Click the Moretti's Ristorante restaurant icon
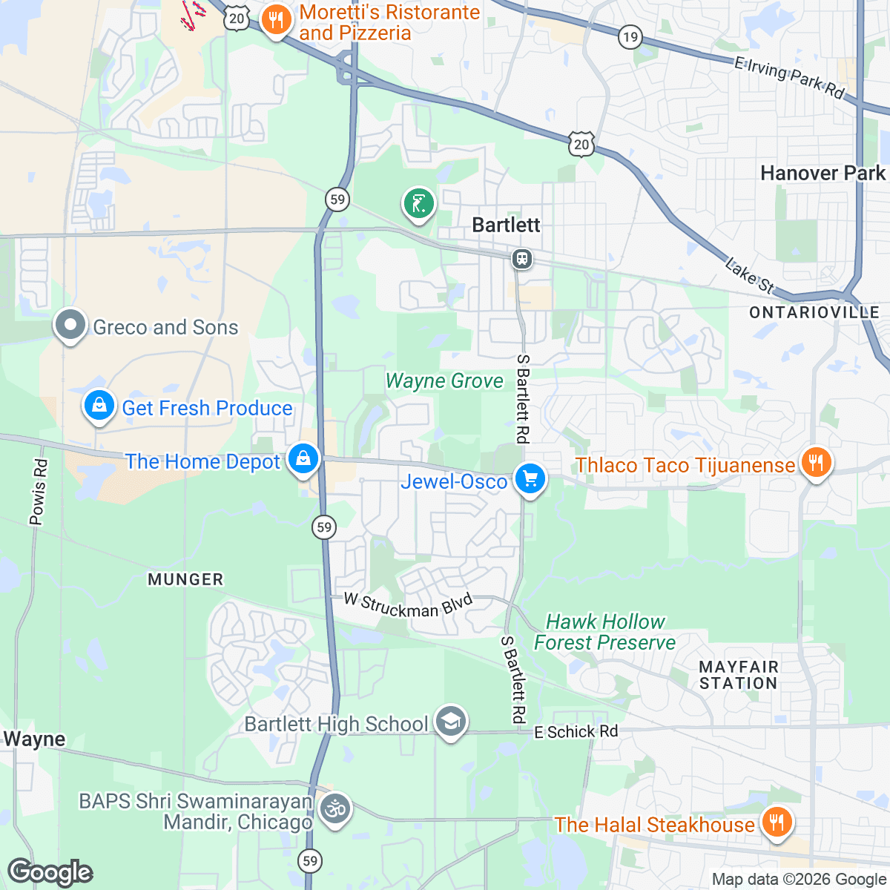point(276,20)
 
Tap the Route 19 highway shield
point(630,36)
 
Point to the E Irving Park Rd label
point(789,77)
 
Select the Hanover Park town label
point(823,174)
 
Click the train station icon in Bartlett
point(522,259)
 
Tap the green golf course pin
point(418,202)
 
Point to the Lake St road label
point(749,274)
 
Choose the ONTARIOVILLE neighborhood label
point(814,312)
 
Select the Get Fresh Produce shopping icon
point(99,406)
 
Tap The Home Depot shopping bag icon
point(303,459)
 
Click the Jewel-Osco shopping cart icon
point(530,479)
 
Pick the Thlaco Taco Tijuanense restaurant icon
point(815,464)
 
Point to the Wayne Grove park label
point(444,381)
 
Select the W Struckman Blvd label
point(408,605)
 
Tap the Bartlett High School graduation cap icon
point(450,721)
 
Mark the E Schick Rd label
point(576,732)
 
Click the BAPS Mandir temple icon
point(335,808)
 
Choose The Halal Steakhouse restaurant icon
point(776,823)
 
